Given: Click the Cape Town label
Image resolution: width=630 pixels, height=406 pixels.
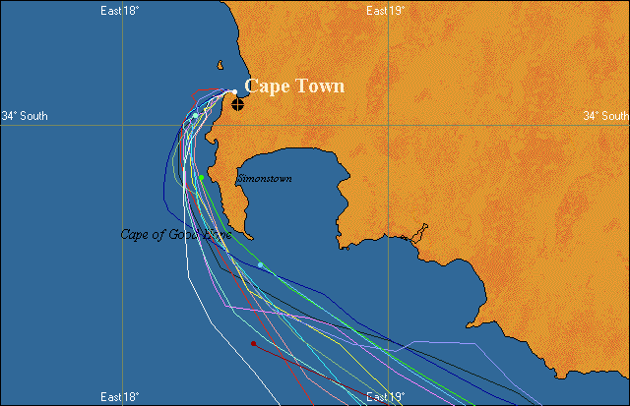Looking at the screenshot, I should point(294,87).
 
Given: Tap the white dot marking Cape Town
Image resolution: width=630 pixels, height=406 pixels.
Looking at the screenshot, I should point(234,92).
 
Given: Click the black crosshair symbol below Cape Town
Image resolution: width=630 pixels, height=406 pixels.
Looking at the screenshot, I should point(237,103).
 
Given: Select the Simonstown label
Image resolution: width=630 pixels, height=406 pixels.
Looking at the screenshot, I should point(264,179).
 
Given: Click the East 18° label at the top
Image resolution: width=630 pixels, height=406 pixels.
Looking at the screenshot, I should point(120,10).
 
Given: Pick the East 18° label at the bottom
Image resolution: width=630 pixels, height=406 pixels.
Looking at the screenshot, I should point(120,397).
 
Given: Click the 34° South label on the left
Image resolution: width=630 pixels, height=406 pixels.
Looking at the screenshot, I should point(24,116).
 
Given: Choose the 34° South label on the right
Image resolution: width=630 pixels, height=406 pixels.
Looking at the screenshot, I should point(605,116).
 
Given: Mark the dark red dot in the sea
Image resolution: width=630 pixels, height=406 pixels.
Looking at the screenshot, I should point(253,343).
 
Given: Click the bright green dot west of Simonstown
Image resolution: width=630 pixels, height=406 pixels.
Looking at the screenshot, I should point(201,178).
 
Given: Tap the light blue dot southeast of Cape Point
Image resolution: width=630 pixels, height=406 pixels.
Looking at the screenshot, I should point(260,264).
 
